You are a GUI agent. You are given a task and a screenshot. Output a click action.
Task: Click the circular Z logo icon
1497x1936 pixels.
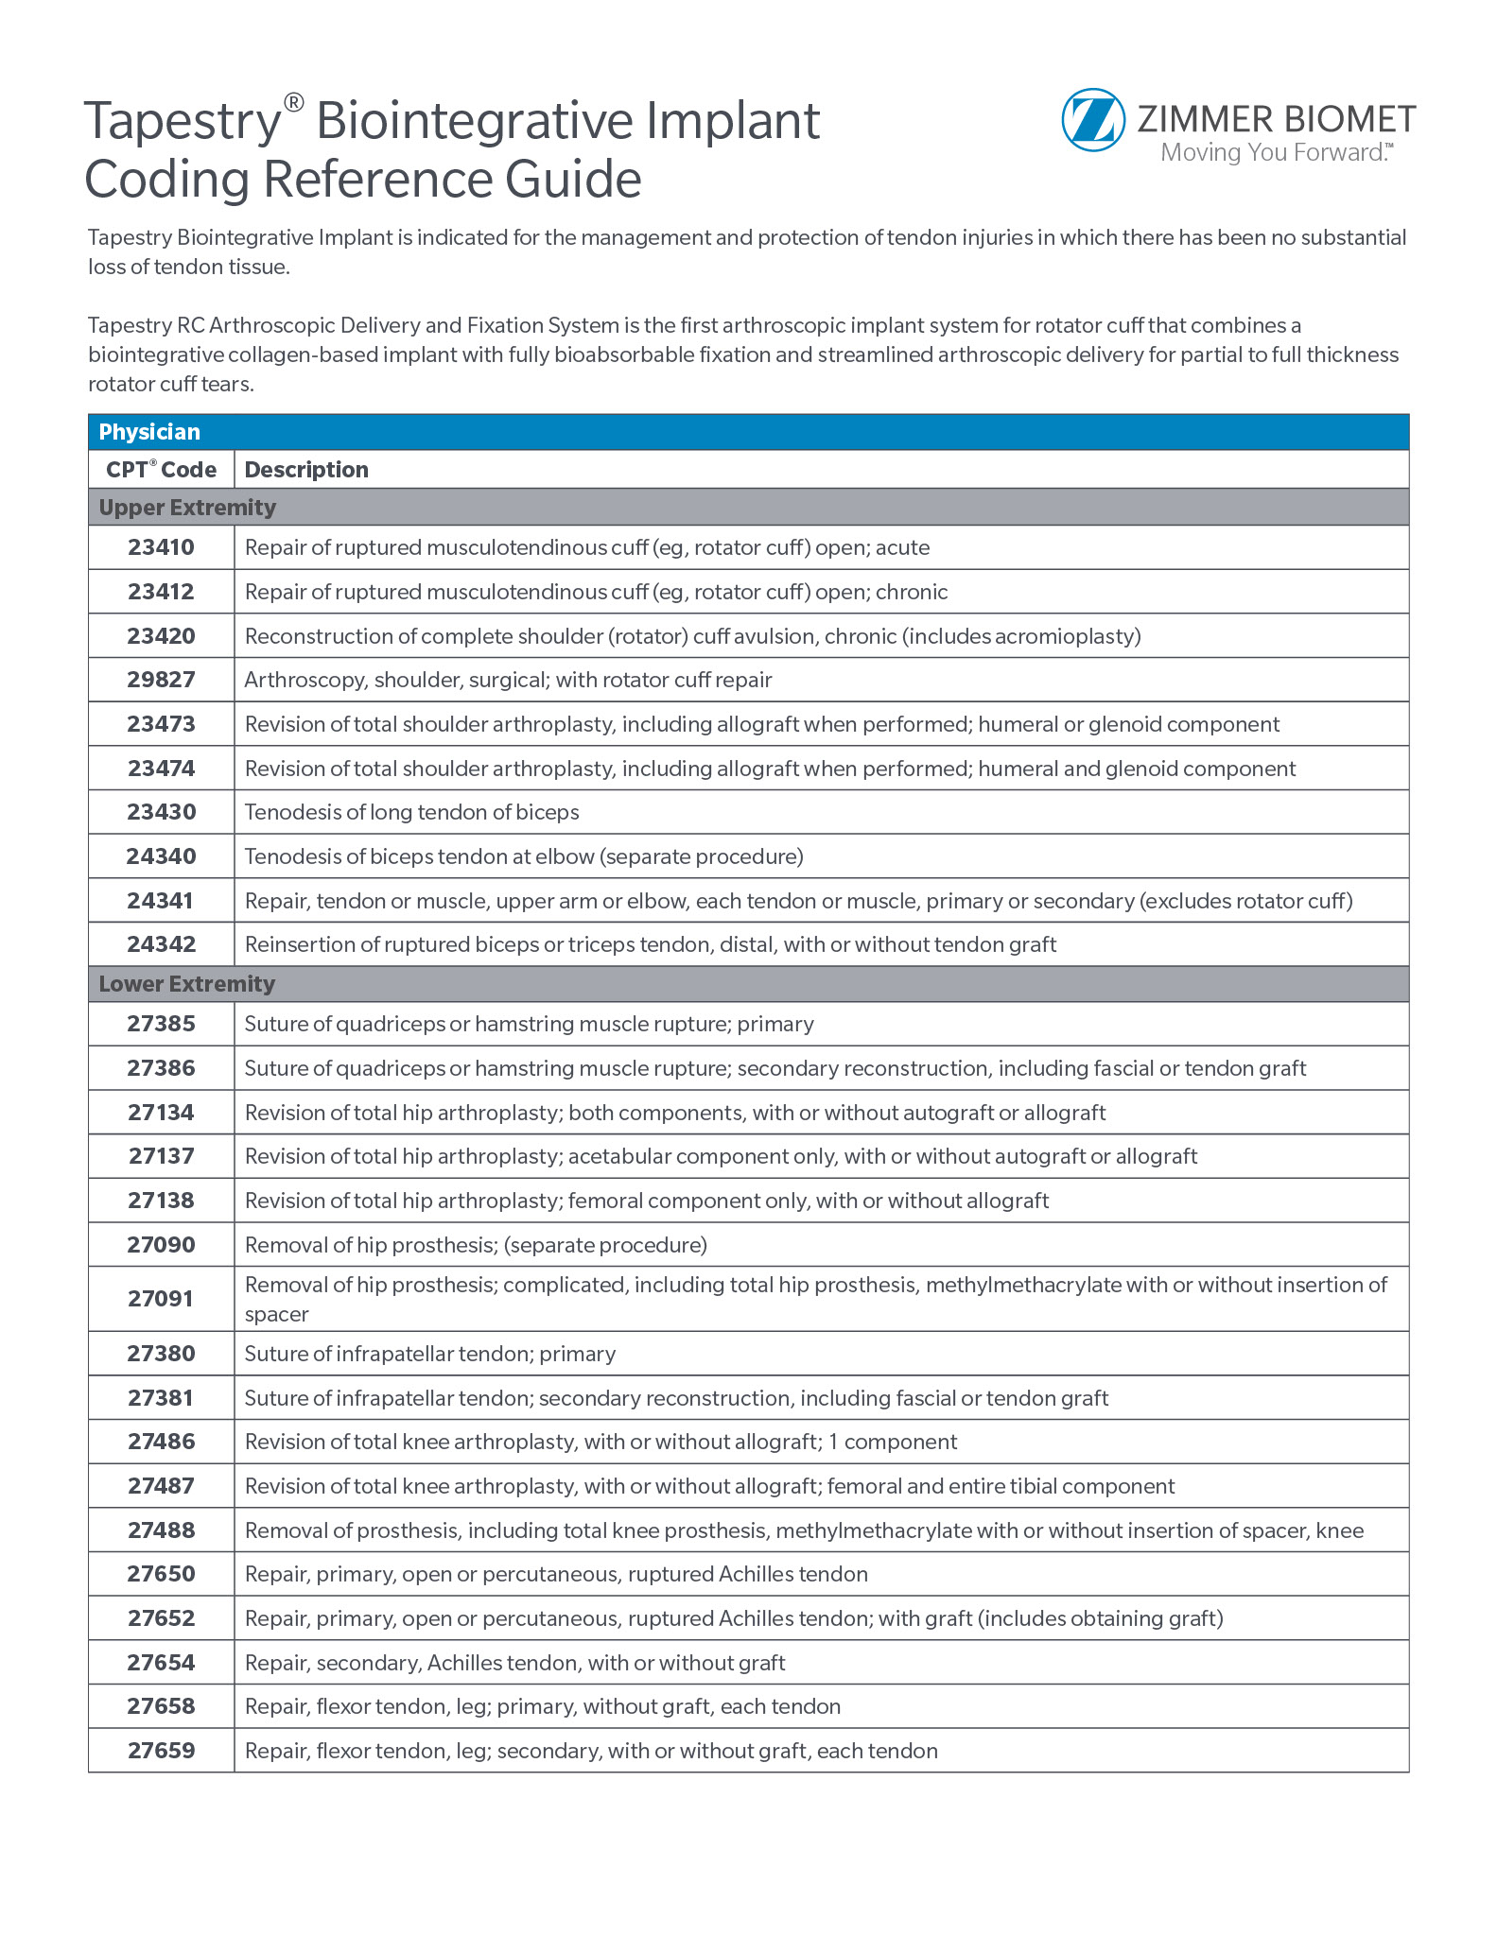(x=1093, y=120)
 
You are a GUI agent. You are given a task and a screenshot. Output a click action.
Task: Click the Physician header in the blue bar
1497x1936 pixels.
(x=149, y=432)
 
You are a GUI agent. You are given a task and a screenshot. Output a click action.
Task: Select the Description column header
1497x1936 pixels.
(x=306, y=470)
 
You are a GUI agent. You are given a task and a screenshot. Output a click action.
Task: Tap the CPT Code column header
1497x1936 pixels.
(x=161, y=470)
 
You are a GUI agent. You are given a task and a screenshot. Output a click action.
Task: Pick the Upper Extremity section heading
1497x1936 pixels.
(x=187, y=508)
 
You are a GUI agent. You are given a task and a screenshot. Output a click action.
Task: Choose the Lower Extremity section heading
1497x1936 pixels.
(x=186, y=984)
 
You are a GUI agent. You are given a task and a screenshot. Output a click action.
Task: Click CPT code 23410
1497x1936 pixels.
(x=161, y=547)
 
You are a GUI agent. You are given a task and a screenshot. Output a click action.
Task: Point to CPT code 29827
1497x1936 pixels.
(x=161, y=680)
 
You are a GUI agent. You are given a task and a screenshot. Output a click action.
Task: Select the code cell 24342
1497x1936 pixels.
(x=161, y=944)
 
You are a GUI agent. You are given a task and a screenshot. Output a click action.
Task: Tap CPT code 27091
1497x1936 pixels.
(x=161, y=1299)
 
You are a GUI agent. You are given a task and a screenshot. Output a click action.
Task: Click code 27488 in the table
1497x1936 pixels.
(x=161, y=1530)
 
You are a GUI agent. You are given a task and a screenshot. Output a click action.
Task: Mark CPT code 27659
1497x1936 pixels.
(x=161, y=1751)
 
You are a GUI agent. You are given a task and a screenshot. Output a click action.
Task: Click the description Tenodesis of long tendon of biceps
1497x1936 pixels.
(x=411, y=812)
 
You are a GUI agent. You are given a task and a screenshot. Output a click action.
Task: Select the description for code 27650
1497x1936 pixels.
(x=556, y=1574)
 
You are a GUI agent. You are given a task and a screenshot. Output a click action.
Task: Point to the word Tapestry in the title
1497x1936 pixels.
(x=183, y=122)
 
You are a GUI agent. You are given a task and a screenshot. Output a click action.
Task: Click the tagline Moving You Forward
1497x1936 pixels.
(x=1275, y=153)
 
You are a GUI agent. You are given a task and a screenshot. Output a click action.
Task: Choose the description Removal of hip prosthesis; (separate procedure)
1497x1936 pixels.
(x=476, y=1245)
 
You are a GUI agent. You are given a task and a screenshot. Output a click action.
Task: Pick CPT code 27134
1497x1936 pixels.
(x=161, y=1113)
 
